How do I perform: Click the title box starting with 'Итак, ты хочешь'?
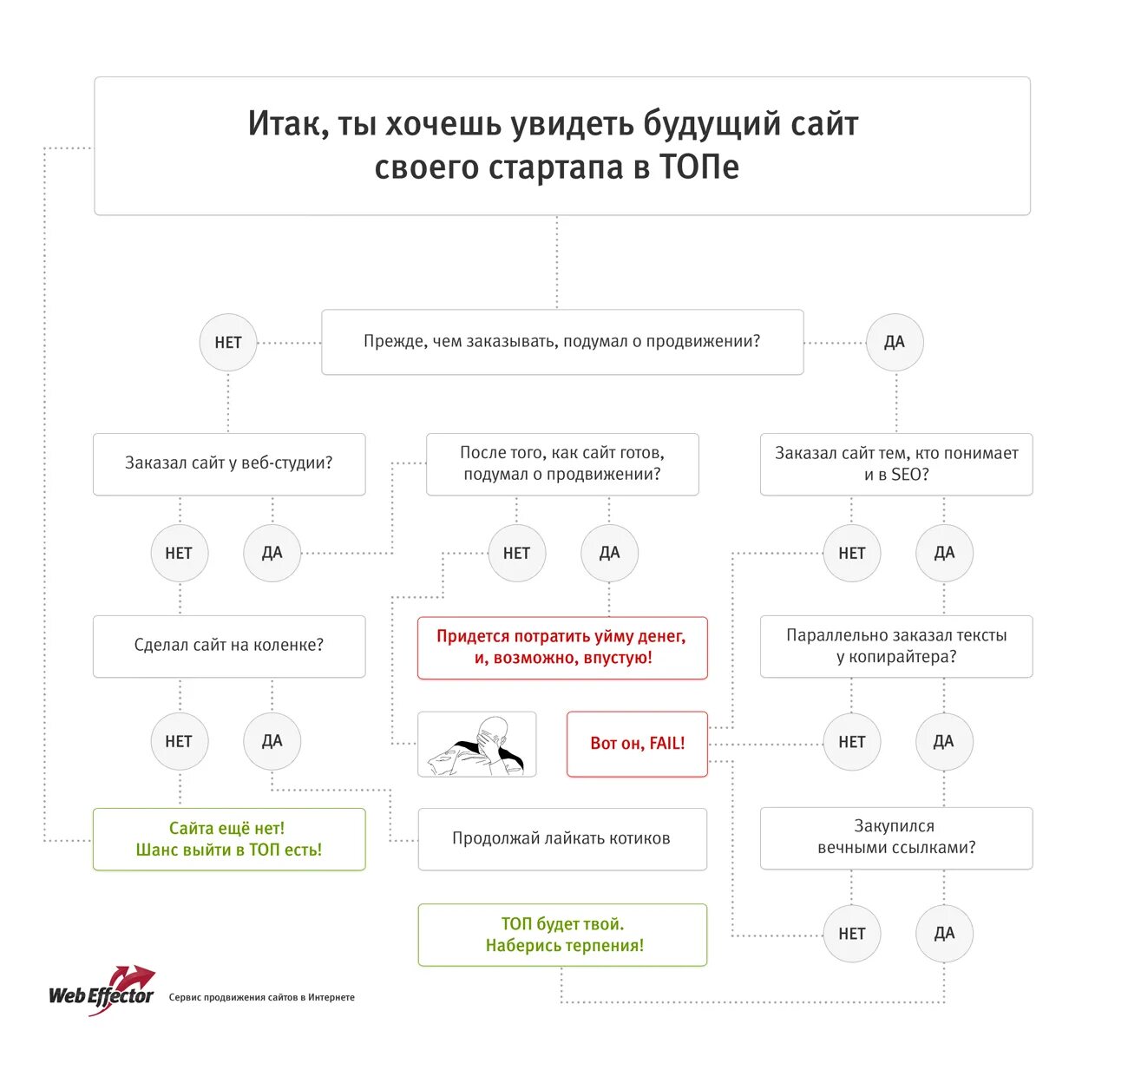(x=561, y=146)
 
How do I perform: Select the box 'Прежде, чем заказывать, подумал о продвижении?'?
(x=562, y=342)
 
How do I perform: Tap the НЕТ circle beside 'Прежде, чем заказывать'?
(x=228, y=343)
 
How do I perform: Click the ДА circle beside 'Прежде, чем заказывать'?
(x=895, y=343)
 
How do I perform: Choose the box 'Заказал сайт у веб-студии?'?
(x=229, y=463)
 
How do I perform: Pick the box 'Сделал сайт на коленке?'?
(x=229, y=646)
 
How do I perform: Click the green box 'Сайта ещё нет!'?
(x=229, y=839)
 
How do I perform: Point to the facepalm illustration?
(x=476, y=744)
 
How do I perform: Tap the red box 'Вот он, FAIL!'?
(x=637, y=744)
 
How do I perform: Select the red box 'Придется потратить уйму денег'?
(x=562, y=647)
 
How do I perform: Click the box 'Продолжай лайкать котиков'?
(x=562, y=839)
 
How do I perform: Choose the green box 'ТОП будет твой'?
(x=562, y=935)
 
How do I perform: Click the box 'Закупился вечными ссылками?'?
(x=896, y=837)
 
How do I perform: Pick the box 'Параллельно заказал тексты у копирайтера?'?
(x=896, y=647)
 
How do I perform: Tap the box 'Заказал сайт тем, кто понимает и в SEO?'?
(x=896, y=464)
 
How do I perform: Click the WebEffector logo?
(x=102, y=991)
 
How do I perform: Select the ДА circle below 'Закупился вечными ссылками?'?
(x=944, y=934)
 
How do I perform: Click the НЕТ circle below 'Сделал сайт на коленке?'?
(x=179, y=741)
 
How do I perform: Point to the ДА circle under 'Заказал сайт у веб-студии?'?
(x=272, y=553)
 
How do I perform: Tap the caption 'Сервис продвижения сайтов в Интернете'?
(x=262, y=998)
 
